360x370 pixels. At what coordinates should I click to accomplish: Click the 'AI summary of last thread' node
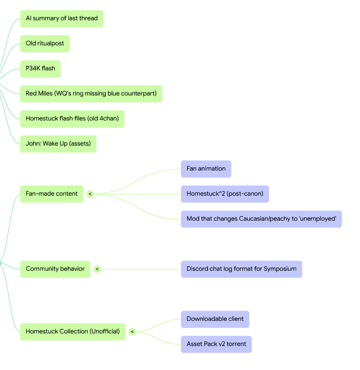62,19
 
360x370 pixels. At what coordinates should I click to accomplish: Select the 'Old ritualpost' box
45,44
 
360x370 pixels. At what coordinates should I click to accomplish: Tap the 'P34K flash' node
40,68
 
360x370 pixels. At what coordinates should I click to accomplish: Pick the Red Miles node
91,94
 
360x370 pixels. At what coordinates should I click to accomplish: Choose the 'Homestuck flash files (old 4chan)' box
73,119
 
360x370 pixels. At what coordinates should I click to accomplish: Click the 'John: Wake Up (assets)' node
58,144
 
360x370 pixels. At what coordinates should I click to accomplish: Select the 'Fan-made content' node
52,194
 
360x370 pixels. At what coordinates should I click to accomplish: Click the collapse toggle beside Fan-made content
90,194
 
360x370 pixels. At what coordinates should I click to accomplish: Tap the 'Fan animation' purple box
206,169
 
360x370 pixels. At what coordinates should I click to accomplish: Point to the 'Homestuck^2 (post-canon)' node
225,194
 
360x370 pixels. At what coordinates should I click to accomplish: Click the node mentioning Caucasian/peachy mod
261,219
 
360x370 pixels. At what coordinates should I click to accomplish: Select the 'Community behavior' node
55,269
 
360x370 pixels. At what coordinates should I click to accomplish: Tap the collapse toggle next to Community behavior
97,269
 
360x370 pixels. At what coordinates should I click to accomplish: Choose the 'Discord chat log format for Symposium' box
242,269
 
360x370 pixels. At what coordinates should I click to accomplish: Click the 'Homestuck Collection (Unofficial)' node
73,332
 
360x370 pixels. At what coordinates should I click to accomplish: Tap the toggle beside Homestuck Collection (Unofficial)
132,332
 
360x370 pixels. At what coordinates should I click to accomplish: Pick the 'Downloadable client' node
215,319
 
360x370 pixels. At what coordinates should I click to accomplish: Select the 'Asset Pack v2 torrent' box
216,344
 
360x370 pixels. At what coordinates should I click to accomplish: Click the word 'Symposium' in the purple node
280,269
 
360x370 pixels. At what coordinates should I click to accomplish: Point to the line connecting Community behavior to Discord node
141,269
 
